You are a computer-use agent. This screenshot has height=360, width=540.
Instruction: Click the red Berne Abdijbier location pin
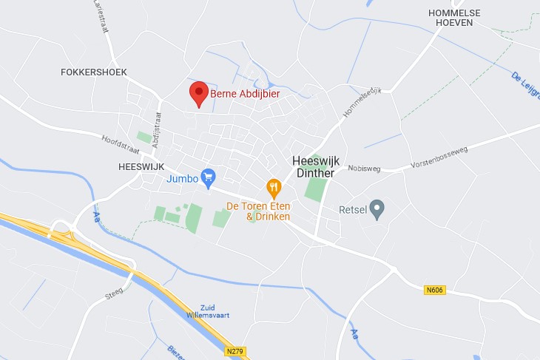(198, 94)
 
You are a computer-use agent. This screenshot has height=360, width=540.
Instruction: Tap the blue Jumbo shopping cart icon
(208, 177)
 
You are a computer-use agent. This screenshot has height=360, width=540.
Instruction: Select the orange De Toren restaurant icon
(274, 188)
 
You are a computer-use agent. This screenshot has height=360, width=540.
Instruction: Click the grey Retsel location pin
(377, 209)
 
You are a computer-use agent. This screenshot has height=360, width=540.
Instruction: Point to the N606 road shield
(436, 291)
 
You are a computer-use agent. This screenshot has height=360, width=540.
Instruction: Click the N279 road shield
(236, 351)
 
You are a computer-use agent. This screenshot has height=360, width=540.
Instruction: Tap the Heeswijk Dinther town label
(314, 167)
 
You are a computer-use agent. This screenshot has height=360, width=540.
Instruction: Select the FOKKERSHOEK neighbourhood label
(94, 72)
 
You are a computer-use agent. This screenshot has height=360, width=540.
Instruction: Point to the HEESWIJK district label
(141, 167)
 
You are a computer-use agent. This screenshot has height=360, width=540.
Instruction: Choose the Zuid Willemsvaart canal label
(215, 311)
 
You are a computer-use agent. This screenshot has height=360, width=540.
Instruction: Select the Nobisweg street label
(362, 168)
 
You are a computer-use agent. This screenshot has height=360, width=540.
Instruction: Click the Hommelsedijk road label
(362, 102)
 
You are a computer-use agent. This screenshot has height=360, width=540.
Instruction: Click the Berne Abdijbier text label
(245, 94)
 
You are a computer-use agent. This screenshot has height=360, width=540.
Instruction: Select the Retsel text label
(353, 210)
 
